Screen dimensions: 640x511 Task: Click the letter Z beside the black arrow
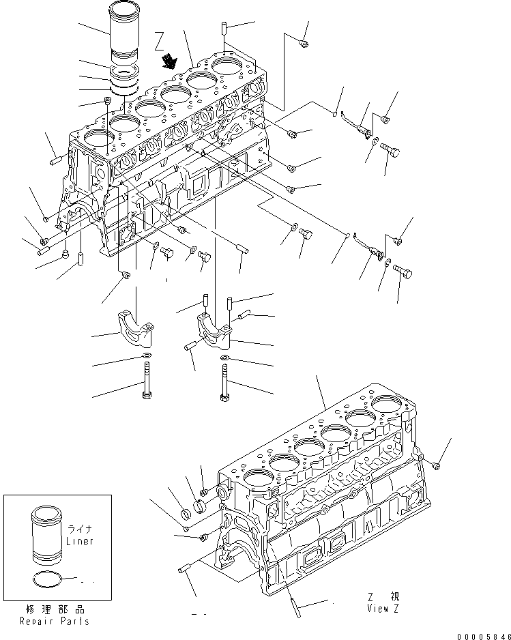click(x=159, y=38)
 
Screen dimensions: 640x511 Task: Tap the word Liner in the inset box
click(x=80, y=541)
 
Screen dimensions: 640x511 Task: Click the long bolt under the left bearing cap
click(x=147, y=381)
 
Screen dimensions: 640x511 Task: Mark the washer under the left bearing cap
click(x=147, y=356)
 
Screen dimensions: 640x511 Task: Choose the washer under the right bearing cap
click(x=225, y=358)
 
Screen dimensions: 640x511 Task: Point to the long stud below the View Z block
click(x=295, y=600)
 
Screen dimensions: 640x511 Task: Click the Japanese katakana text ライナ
click(x=79, y=528)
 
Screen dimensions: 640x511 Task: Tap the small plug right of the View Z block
click(x=437, y=465)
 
